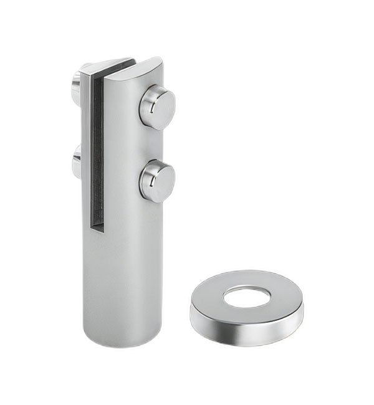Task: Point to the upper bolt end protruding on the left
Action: coord(75,79)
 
